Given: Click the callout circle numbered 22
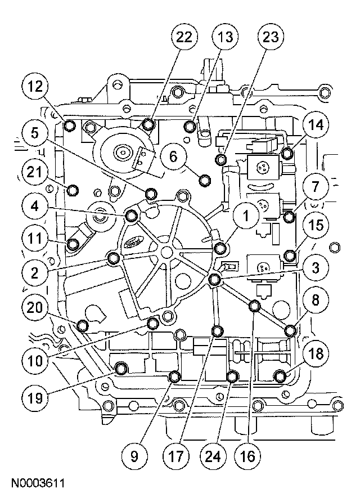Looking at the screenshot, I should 184,38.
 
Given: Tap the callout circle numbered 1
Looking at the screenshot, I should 245,214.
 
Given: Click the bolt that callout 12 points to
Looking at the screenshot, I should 70,124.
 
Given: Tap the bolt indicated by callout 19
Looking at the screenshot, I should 121,370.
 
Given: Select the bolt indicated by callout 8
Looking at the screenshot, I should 290,330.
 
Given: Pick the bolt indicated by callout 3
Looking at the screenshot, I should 214,280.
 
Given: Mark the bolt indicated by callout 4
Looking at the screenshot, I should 132,214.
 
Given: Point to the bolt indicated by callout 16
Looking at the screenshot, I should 254,306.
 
